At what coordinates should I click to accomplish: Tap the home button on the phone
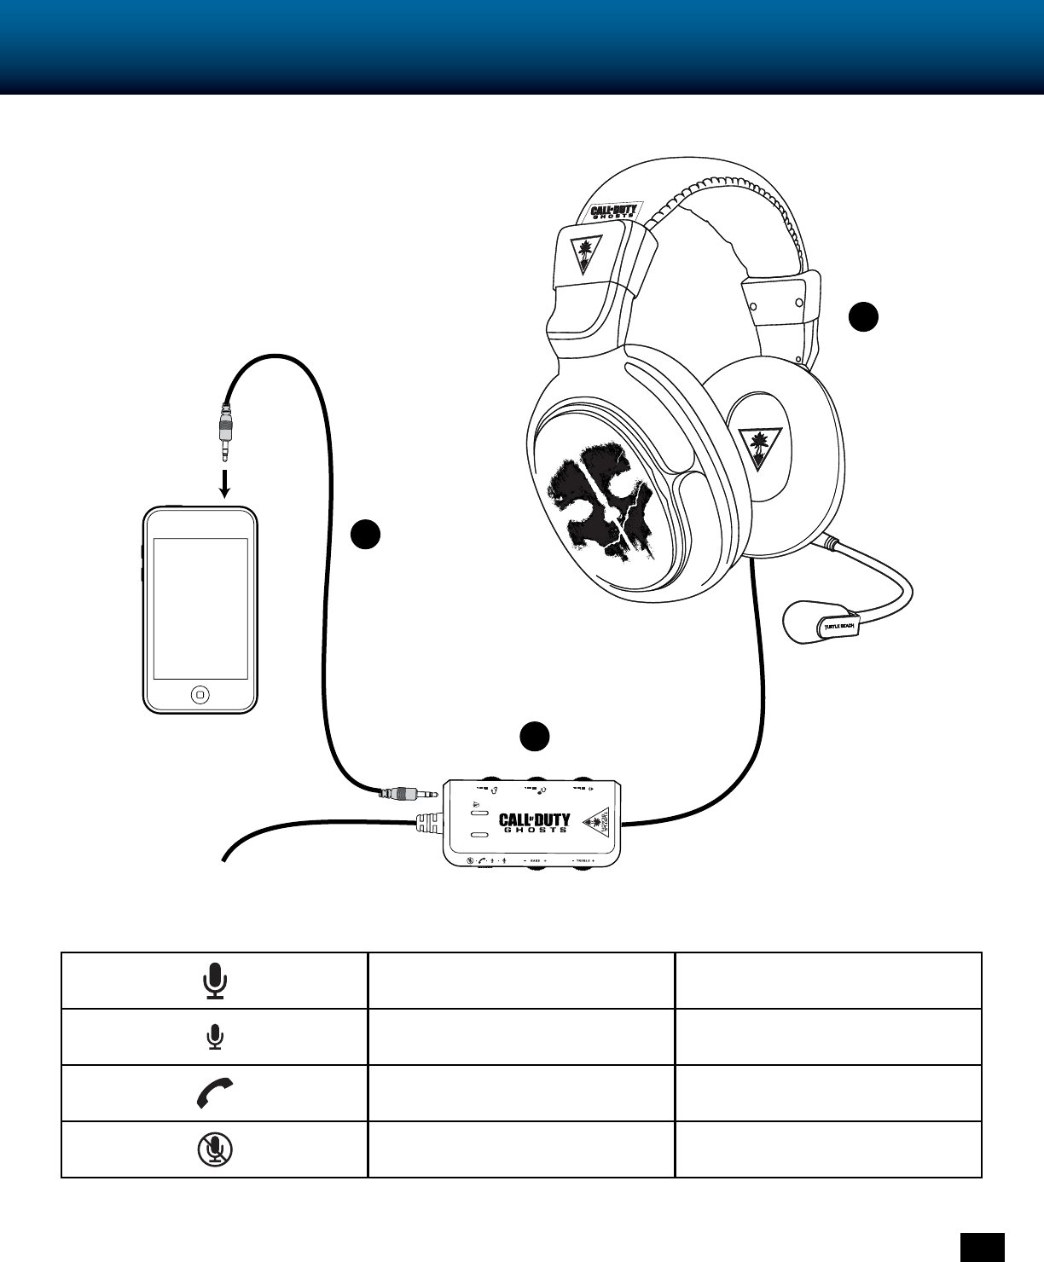[x=200, y=694]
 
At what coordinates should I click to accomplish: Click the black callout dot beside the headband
[x=863, y=315]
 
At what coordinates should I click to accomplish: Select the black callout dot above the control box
[x=535, y=736]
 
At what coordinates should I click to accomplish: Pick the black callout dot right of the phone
[x=365, y=534]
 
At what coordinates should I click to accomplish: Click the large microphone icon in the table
[x=215, y=981]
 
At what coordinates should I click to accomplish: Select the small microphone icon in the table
[x=215, y=1037]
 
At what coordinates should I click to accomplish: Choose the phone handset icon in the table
[x=215, y=1093]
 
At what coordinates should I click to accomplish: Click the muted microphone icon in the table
[x=215, y=1149]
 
